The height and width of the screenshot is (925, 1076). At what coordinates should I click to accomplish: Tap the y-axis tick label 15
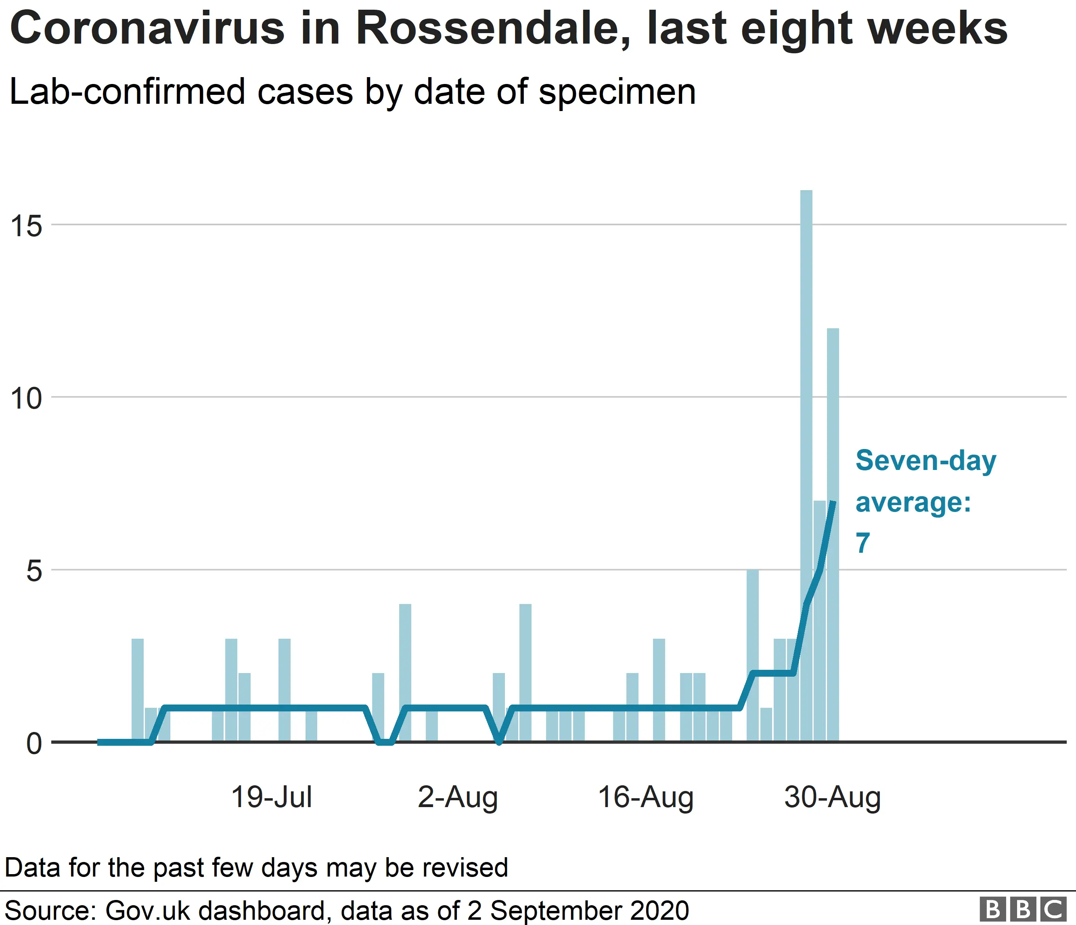point(26,226)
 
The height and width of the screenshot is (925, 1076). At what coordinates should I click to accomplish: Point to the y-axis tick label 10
point(26,399)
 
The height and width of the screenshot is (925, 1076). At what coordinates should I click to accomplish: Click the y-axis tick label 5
point(34,571)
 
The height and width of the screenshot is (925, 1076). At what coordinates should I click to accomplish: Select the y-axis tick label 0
point(34,744)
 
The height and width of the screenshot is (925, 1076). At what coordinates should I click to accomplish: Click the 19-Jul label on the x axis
point(272,797)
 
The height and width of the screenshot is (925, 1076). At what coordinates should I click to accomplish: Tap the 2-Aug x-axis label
point(458,797)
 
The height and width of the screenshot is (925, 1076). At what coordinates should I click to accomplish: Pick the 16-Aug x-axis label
point(645,797)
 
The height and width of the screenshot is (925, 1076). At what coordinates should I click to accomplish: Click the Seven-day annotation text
point(926,461)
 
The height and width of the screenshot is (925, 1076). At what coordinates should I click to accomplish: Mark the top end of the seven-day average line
point(833,502)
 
